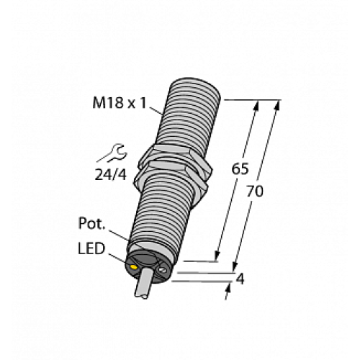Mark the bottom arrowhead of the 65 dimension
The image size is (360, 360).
[217, 256]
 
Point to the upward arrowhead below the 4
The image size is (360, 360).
[230, 287]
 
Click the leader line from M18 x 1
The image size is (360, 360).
[158, 109]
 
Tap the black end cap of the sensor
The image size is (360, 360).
[148, 263]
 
